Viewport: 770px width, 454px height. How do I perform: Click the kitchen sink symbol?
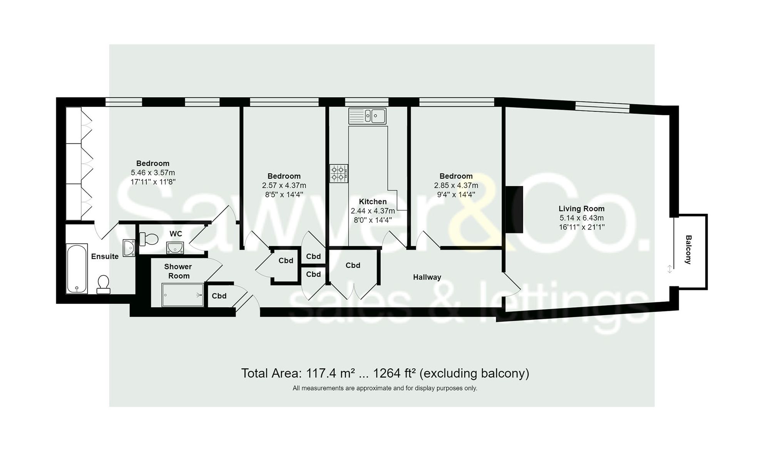(x=367, y=116)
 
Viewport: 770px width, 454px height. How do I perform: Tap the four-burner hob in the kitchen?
(x=339, y=173)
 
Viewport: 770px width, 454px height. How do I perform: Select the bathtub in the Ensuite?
(x=77, y=269)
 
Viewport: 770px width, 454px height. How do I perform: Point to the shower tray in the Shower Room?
(x=182, y=295)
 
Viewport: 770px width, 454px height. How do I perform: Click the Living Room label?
(x=581, y=209)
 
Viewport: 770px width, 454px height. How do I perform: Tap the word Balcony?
(x=688, y=250)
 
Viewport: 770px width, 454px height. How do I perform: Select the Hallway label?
(x=427, y=277)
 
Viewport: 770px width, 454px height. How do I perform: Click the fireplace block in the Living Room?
(x=514, y=209)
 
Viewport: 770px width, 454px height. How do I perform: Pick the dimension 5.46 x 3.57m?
(x=153, y=173)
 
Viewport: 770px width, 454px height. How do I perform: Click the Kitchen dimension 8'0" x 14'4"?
(x=372, y=220)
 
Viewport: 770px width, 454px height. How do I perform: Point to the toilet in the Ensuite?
(x=103, y=284)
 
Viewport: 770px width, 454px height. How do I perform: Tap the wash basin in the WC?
(x=175, y=248)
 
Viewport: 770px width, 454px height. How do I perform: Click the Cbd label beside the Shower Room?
(x=219, y=296)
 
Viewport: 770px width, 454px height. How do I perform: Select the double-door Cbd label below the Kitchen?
(x=353, y=265)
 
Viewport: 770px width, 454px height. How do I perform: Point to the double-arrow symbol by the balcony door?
(x=670, y=269)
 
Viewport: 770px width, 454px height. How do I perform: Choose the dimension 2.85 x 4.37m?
(x=456, y=185)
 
